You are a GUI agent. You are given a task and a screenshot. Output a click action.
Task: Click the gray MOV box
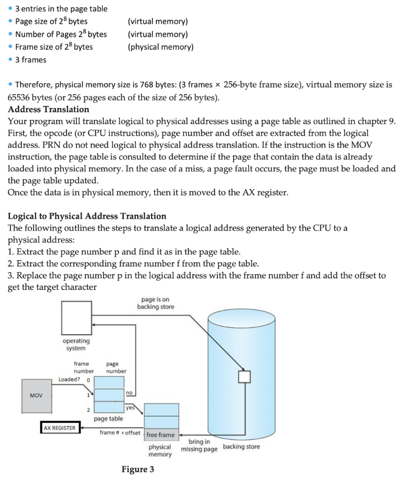36,395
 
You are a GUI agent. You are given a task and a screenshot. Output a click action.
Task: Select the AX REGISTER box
60,428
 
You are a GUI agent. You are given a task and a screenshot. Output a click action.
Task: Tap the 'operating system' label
76,344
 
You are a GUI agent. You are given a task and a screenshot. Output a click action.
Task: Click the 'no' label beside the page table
129,392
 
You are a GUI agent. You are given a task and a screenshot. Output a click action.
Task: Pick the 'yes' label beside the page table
129,408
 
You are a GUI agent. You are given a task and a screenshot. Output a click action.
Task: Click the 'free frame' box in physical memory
161,435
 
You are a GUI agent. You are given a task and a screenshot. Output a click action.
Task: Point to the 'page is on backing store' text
155,303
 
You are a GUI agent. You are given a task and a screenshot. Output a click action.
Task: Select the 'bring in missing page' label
199,446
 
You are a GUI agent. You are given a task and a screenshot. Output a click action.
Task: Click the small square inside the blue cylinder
244,377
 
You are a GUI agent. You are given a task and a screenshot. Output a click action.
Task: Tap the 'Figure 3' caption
138,469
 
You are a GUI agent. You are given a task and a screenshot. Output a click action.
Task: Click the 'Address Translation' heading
49,109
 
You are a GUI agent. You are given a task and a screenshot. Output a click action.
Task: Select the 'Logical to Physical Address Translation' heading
87,216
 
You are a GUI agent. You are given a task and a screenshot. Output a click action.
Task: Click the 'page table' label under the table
108,419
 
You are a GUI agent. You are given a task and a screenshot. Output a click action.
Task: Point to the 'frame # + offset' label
120,433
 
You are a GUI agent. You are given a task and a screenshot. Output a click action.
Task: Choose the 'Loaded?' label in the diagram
69,379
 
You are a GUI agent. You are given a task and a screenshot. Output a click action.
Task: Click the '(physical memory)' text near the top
160,47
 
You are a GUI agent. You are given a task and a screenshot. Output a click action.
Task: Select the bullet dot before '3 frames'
10,60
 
